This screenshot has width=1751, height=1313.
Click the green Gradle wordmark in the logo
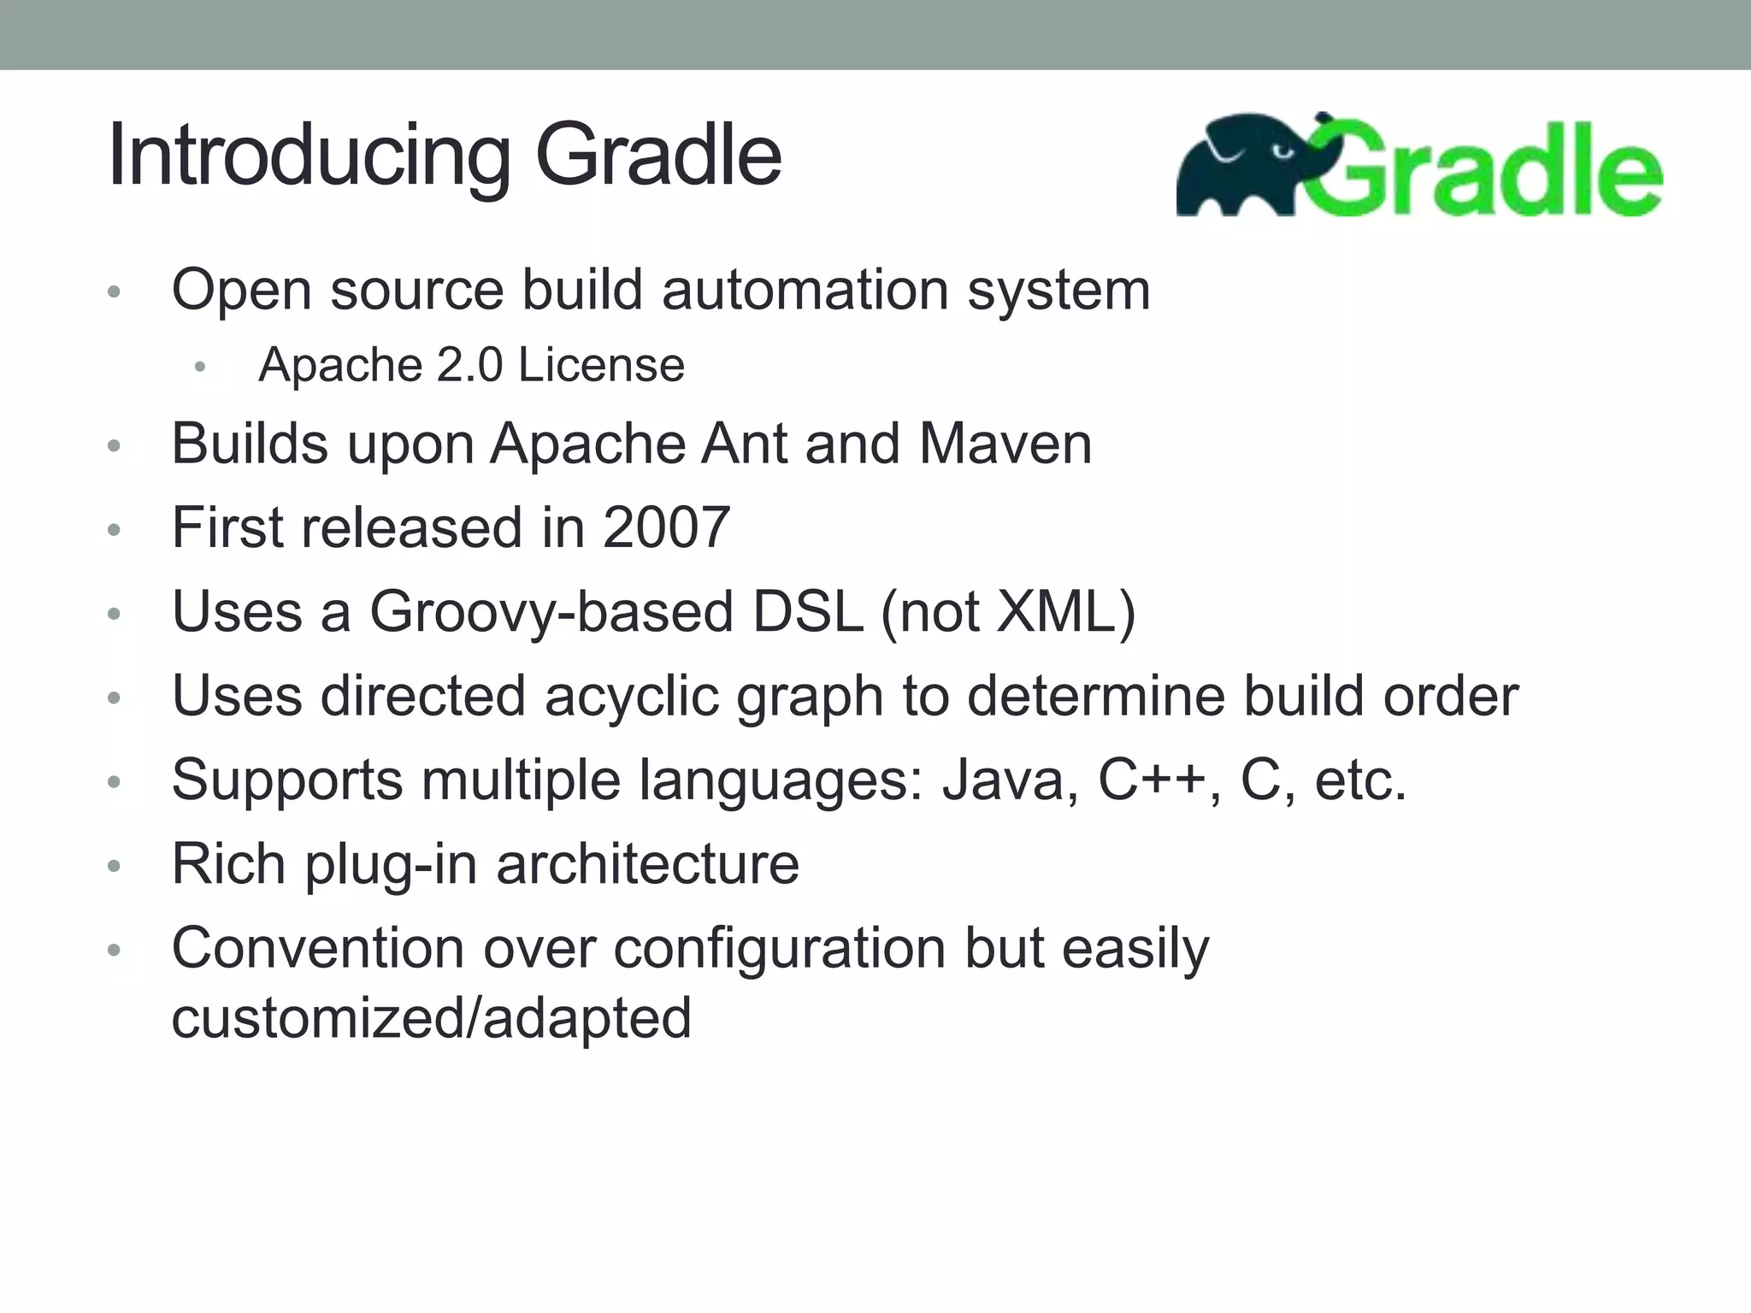coord(1488,171)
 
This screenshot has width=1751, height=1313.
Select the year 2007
coord(666,527)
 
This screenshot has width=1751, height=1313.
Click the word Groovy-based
coord(551,612)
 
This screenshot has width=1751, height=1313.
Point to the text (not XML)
coord(1008,612)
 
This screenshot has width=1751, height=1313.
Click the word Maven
coord(1005,445)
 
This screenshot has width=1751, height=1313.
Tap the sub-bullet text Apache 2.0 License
coord(471,366)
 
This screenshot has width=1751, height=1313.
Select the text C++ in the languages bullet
coord(1152,780)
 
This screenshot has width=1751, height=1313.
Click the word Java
coord(1001,780)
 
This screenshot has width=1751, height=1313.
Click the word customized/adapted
coord(431,1018)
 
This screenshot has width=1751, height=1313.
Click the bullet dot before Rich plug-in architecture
coord(115,867)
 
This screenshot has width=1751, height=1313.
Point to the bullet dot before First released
coord(115,530)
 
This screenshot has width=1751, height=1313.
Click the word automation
coord(805,291)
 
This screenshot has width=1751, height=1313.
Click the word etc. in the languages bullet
coord(1359,780)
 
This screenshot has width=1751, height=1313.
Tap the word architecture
coord(647,864)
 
